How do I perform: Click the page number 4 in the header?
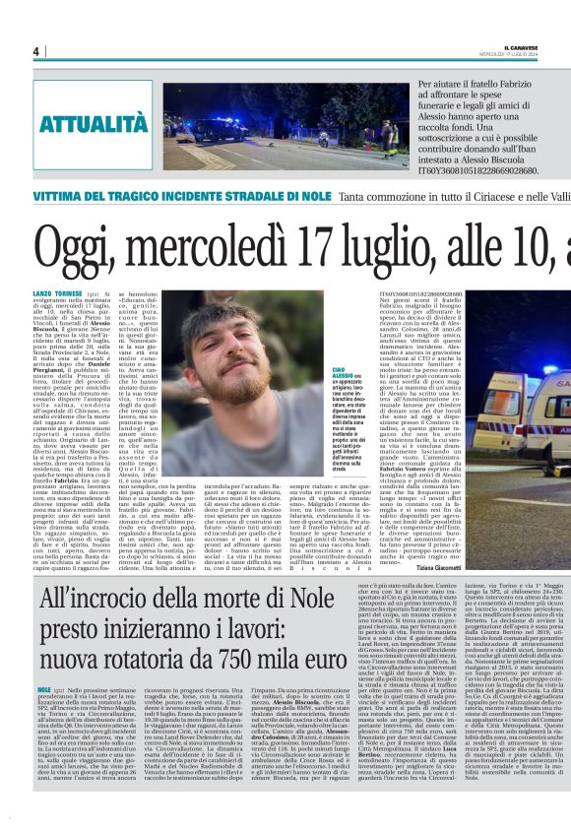coord(35,51)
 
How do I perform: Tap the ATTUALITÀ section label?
coord(80,123)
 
